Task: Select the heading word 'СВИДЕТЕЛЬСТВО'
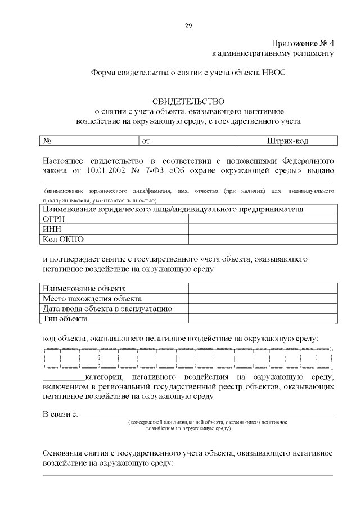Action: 188,101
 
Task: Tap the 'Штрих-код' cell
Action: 287,141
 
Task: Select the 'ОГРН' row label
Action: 54,219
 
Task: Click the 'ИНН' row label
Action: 52,229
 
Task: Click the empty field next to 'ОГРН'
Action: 263,219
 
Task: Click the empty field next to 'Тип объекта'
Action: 263,319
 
